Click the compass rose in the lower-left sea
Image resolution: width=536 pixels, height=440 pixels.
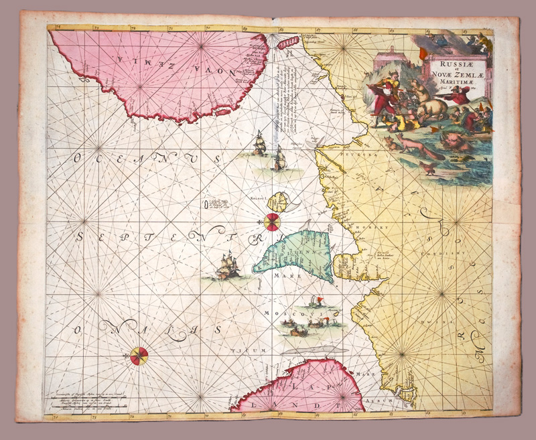(x=139, y=354)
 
